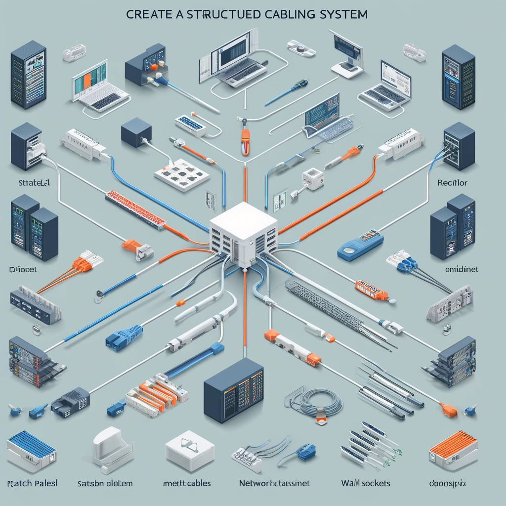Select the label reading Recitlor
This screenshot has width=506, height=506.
(x=452, y=183)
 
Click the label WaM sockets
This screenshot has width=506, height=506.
(x=366, y=483)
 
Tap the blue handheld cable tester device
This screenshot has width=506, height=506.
(x=360, y=245)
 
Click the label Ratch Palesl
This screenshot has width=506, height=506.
(x=32, y=483)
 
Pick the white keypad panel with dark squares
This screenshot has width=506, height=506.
(x=182, y=174)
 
